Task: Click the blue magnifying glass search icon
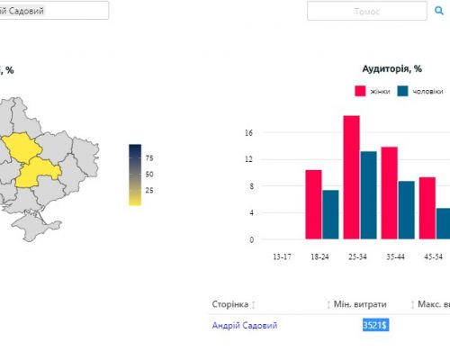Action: (439, 11)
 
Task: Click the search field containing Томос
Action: (367, 11)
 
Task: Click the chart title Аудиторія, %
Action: (391, 68)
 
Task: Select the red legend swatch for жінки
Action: (360, 91)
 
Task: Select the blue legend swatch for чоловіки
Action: (402, 91)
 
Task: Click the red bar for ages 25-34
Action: (352, 177)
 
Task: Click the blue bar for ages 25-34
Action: (368, 195)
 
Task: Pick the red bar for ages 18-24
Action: (313, 204)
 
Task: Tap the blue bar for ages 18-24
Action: (330, 214)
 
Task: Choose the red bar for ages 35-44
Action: (390, 193)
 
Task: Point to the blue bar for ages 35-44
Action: (407, 210)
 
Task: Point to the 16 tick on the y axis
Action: (248, 132)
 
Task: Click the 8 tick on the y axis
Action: (251, 186)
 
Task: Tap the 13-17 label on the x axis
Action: (282, 256)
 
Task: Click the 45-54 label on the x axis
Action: (433, 256)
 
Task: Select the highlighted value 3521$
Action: (375, 325)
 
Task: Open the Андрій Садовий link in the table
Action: (245, 326)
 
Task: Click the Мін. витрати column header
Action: (360, 304)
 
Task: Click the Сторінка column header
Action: (230, 304)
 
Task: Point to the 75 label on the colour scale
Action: (149, 158)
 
